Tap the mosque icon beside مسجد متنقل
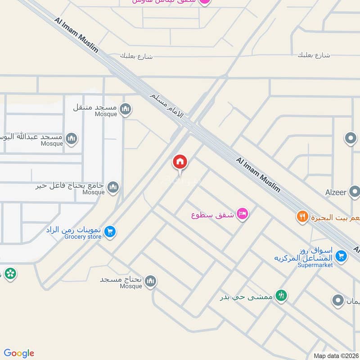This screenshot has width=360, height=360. click(126, 108)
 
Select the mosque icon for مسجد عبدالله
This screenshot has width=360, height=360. click(71, 139)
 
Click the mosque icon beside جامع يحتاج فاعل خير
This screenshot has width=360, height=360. click(113, 187)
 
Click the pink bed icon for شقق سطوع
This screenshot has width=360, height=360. click(242, 214)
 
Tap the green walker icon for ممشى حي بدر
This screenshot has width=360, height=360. click(282, 296)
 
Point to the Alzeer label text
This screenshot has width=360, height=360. click(336, 193)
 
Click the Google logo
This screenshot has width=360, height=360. click(19, 353)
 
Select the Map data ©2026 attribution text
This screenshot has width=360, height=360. click(336, 356)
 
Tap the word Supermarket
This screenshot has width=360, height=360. click(315, 265)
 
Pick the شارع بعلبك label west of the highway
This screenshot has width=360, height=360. click(136, 56)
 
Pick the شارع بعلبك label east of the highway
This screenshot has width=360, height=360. click(314, 55)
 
